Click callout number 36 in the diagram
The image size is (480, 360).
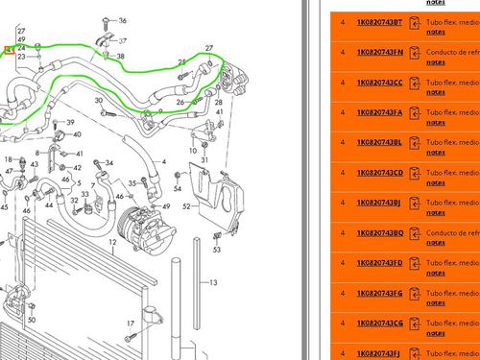pyautogui.click(x=120, y=40)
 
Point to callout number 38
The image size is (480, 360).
pyautogui.click(x=120, y=57)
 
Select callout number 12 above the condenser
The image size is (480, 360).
pyautogui.click(x=112, y=244)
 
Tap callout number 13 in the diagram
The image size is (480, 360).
pyautogui.click(x=214, y=282)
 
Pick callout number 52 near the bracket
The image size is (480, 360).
pyautogui.click(x=188, y=205)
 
